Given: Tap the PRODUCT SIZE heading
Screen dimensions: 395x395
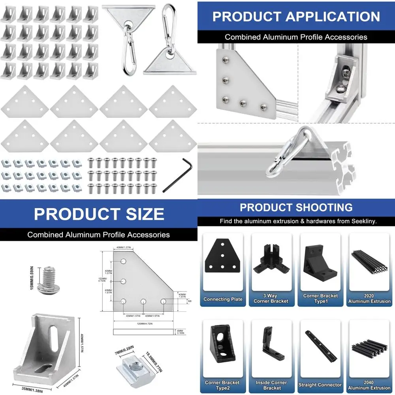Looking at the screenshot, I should click(x=99, y=214).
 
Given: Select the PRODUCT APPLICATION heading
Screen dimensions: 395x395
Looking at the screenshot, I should click(x=296, y=17).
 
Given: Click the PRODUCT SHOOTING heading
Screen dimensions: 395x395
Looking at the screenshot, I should click(x=296, y=207).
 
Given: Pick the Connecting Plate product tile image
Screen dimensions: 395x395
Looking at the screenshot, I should click(x=223, y=256).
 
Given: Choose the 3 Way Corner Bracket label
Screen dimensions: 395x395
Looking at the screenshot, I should click(x=271, y=299).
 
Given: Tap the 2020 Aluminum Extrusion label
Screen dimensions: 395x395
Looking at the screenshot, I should click(x=370, y=299).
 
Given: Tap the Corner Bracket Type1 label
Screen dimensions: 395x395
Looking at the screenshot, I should click(x=320, y=299).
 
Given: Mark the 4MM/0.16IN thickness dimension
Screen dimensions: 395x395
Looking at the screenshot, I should click(x=180, y=332).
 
